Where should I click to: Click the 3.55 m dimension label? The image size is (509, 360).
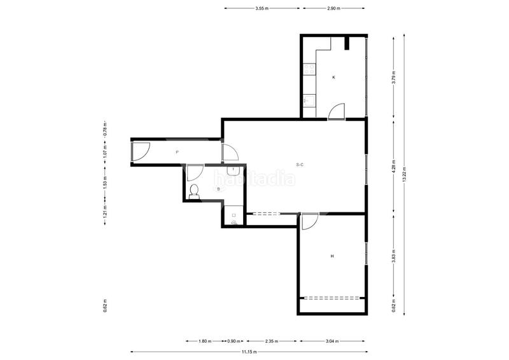(262, 8)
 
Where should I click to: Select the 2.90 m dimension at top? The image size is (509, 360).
(333, 8)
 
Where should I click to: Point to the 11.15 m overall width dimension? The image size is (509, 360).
(249, 352)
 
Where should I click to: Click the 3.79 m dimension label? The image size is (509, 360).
(394, 77)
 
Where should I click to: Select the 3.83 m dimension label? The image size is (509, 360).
(394, 256)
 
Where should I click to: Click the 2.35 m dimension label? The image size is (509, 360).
(272, 341)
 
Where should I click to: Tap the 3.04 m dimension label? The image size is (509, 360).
(332, 341)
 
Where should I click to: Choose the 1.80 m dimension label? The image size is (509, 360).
(205, 341)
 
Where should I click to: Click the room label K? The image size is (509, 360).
(333, 77)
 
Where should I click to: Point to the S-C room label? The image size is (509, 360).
(300, 165)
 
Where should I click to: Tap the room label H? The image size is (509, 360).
(332, 256)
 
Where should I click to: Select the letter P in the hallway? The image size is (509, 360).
(177, 152)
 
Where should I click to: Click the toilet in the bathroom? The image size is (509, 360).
(194, 191)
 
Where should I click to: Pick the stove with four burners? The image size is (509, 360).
(309, 69)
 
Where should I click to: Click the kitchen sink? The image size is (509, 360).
(309, 100)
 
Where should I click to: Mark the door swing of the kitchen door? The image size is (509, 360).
(337, 111)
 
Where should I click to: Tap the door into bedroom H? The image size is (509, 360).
(310, 221)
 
